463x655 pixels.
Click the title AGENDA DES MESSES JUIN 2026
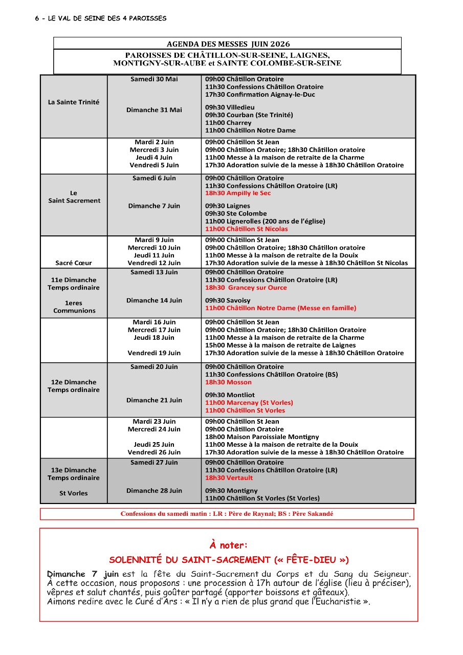(x=228, y=44)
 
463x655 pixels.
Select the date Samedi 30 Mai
(x=154, y=79)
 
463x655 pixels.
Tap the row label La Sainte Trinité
(x=74, y=102)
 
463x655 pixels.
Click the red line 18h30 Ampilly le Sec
(x=238, y=193)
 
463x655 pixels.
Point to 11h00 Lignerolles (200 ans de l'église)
(x=265, y=221)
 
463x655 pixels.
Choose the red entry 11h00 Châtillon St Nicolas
(x=246, y=229)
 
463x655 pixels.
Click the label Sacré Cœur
(x=74, y=263)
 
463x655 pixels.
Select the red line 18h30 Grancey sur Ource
(x=246, y=288)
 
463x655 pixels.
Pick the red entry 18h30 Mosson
(x=228, y=382)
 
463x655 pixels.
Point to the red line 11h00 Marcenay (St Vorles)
(x=249, y=403)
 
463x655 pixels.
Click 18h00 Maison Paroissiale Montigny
(x=262, y=437)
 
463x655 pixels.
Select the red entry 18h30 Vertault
(x=229, y=478)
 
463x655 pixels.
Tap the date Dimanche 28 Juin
(x=154, y=491)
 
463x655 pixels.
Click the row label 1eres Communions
(x=74, y=307)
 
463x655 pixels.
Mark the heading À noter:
(x=228, y=545)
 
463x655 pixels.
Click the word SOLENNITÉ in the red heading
(x=135, y=560)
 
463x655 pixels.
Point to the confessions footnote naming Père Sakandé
(x=227, y=514)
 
